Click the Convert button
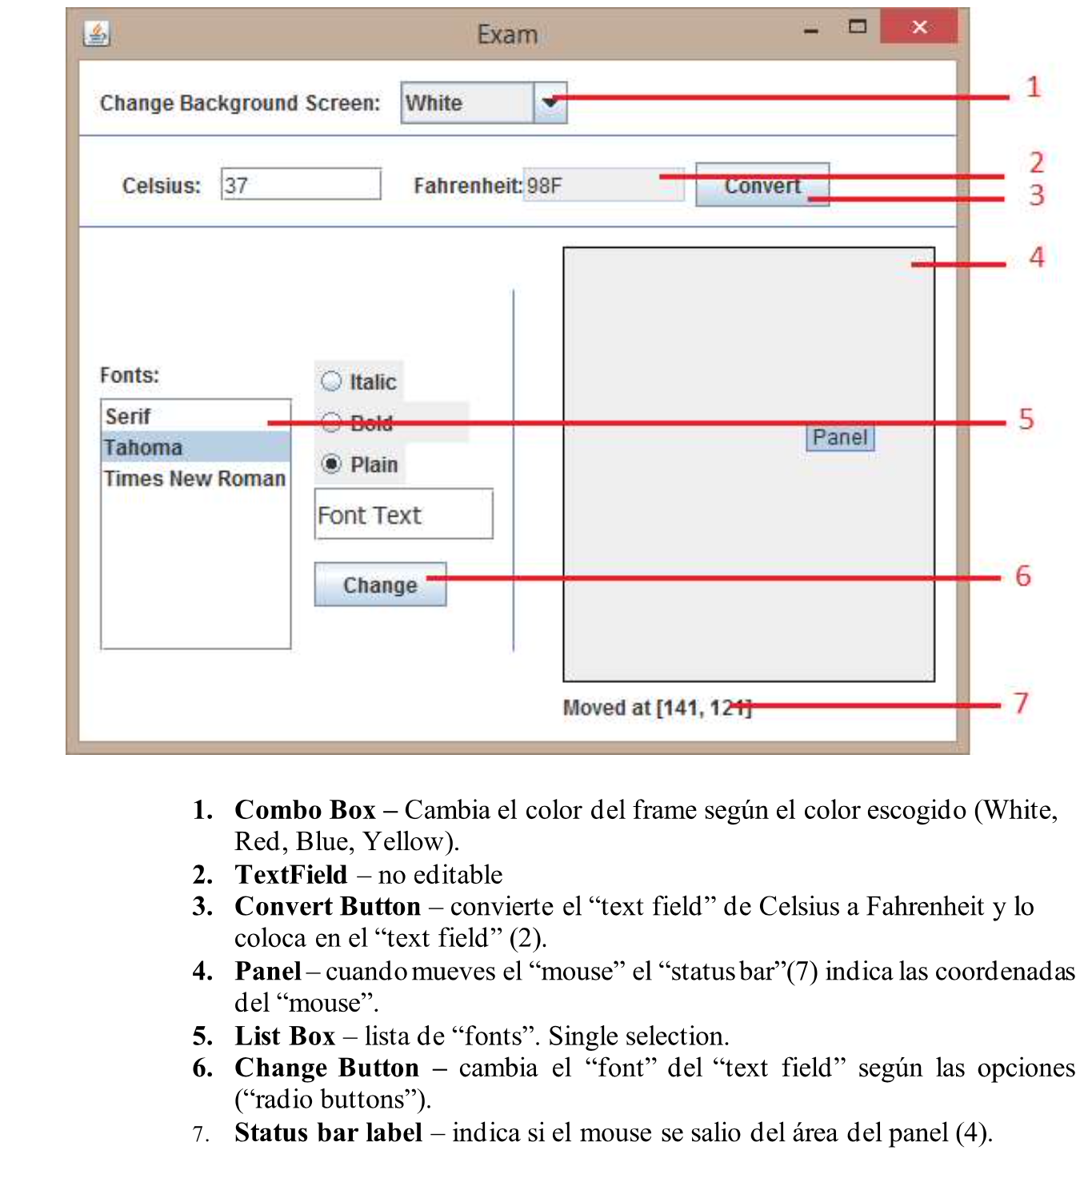(762, 186)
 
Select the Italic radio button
(331, 381)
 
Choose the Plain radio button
(331, 464)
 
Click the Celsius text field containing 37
(301, 185)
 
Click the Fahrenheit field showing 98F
(603, 186)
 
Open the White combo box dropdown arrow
(550, 102)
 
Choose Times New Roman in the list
(195, 478)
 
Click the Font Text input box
(403, 514)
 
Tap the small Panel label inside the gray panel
(839, 437)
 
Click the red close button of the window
(919, 27)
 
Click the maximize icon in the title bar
(857, 27)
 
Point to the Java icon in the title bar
(97, 34)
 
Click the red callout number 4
(1037, 257)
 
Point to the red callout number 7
(1021, 703)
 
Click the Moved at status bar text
(656, 708)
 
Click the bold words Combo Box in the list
(305, 810)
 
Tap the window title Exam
(507, 34)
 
